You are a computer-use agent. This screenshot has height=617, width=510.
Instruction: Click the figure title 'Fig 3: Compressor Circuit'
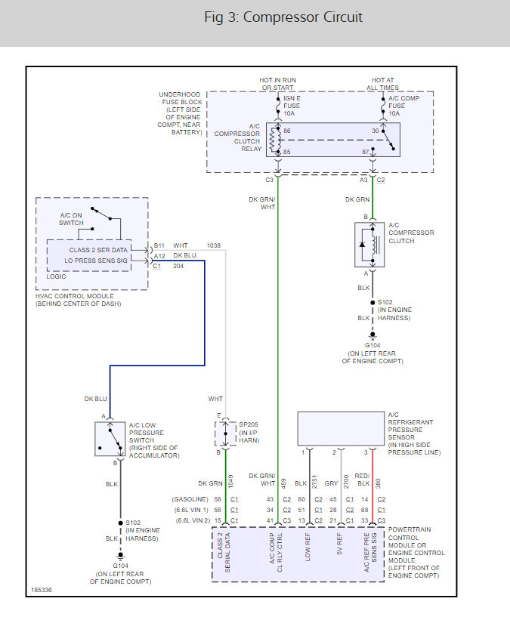pos(283,17)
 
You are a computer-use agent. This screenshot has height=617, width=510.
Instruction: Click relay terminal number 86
pos(286,131)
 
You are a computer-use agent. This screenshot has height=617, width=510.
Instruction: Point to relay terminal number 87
pos(366,152)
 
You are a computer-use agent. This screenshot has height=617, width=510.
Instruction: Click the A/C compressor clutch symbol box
pos(369,245)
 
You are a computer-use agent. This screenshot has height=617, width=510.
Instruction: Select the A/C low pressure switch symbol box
pos(110,439)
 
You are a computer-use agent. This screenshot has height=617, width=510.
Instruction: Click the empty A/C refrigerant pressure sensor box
pos(341,428)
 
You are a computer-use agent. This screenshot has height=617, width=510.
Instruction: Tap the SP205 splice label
pos(249,424)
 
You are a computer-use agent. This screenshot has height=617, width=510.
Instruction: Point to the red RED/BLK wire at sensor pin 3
pos(372,487)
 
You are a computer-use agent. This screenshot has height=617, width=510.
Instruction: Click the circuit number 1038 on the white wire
pos(214,245)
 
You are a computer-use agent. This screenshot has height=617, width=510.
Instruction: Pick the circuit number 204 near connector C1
pos(178,266)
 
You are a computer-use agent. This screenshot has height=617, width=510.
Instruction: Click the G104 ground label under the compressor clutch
pos(372,345)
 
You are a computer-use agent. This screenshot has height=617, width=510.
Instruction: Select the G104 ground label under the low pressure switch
pos(120,566)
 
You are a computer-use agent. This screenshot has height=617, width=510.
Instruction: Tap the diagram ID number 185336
pos(42,590)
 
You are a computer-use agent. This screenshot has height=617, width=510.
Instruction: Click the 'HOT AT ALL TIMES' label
pos(383,84)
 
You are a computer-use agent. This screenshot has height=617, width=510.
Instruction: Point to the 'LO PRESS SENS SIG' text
pos(96,261)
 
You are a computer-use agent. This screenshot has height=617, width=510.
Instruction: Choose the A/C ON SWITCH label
pos(71,219)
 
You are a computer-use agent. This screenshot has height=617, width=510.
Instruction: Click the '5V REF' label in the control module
pos(339,545)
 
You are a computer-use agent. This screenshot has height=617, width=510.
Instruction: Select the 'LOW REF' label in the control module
pos(308,547)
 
